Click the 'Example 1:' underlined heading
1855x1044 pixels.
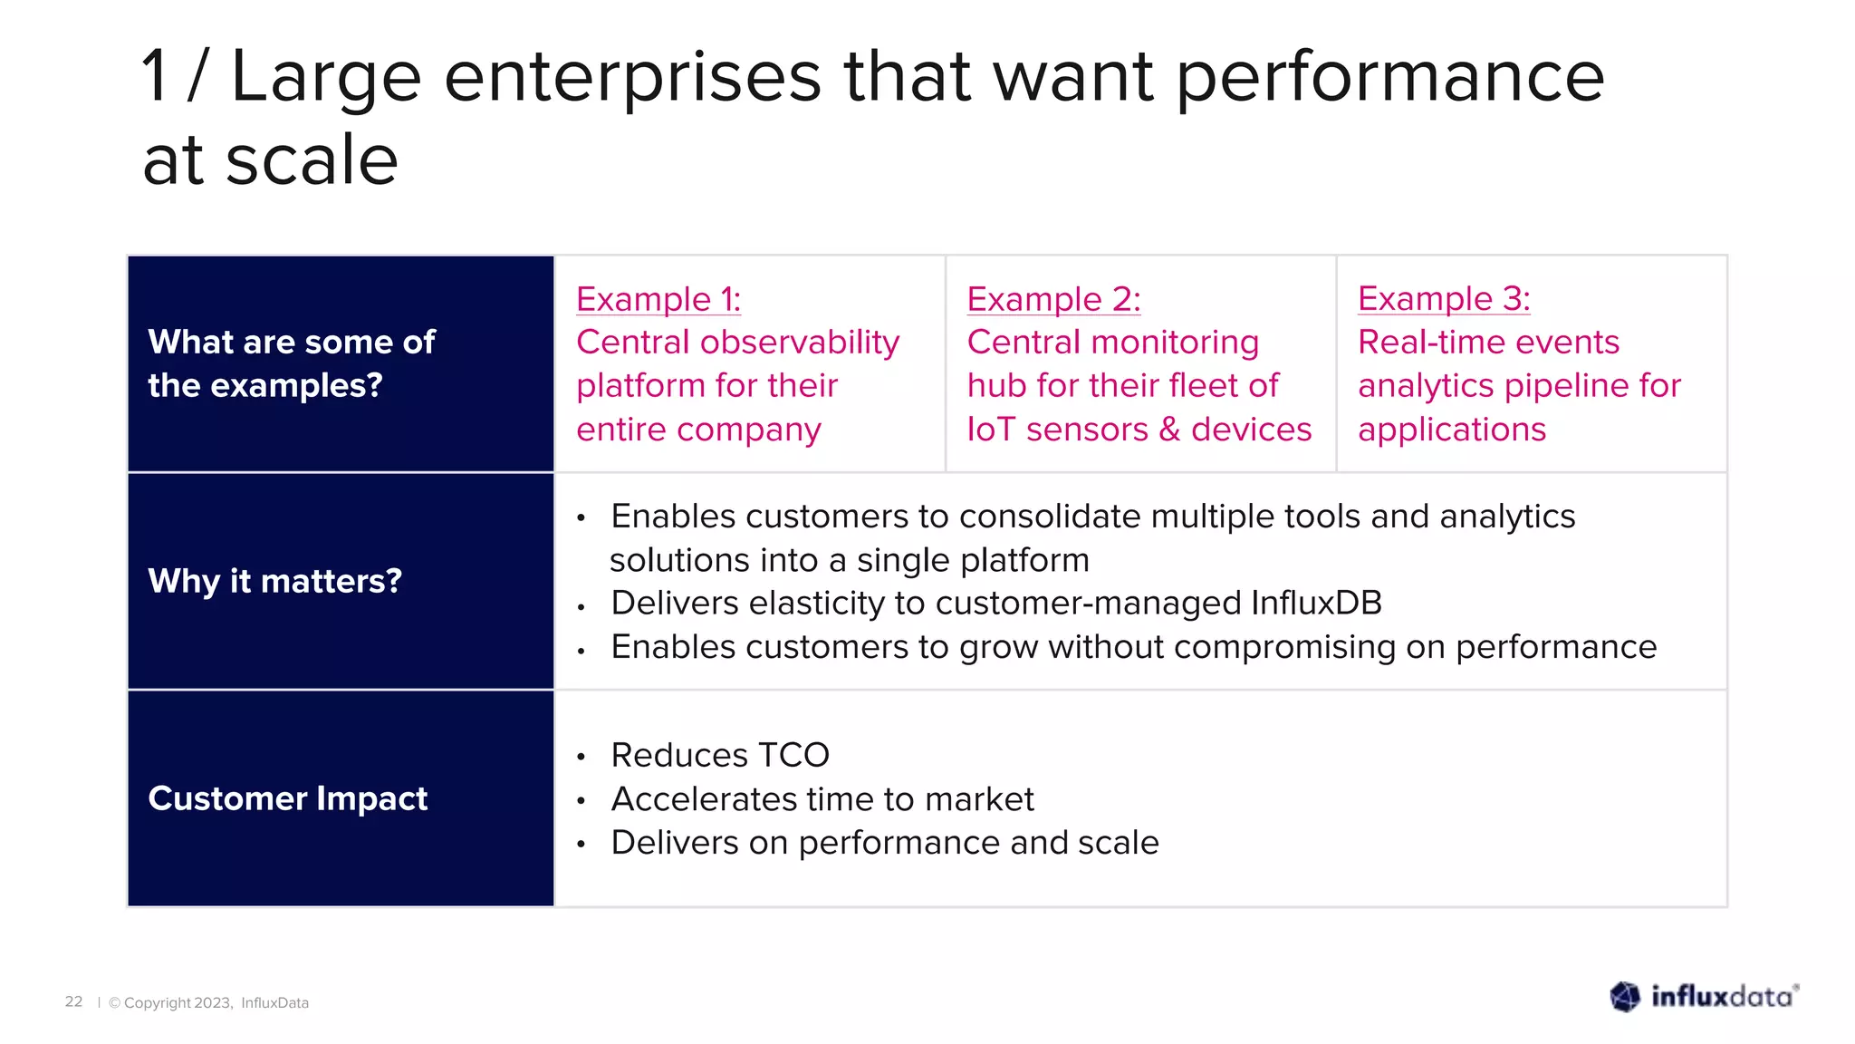click(x=658, y=299)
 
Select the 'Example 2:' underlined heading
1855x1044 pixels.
click(x=1053, y=299)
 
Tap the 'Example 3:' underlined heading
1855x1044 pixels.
click(x=1444, y=298)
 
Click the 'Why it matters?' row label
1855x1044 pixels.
click(x=274, y=581)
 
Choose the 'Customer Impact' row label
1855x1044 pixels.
click(x=287, y=798)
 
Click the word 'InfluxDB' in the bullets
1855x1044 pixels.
click(x=1316, y=604)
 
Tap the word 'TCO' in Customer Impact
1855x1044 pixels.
click(x=793, y=755)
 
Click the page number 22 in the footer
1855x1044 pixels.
click(x=73, y=1001)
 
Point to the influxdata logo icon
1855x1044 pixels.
click(x=1625, y=997)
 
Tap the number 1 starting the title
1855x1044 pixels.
click(x=156, y=76)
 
